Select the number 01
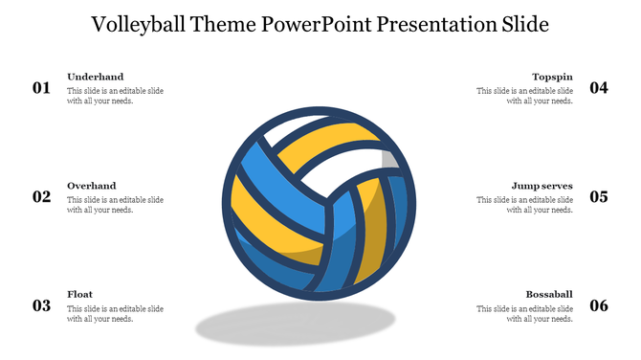tap(41, 88)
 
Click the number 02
tap(41, 197)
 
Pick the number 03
tap(41, 306)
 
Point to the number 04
tap(599, 88)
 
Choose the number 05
tap(599, 197)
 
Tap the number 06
tap(599, 306)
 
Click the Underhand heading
tap(95, 77)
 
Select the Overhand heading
tap(92, 186)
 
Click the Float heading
tap(80, 295)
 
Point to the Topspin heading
tap(553, 77)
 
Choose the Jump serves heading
tap(542, 186)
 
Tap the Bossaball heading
tap(549, 295)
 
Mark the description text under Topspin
tap(525, 96)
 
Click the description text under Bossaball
tap(525, 314)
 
